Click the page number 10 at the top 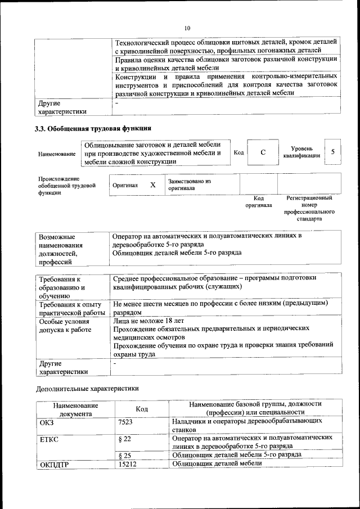click(187, 28)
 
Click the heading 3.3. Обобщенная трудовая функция click(93, 129)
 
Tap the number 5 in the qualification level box click(333, 152)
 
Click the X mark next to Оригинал click(152, 184)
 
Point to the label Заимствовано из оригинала click(189, 185)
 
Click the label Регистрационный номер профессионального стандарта click(309, 208)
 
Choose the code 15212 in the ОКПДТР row click(128, 463)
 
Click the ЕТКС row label click(49, 438)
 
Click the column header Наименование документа click(75, 409)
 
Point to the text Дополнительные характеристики click(87, 388)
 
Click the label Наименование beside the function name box click(57, 154)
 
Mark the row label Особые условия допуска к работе click(65, 326)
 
